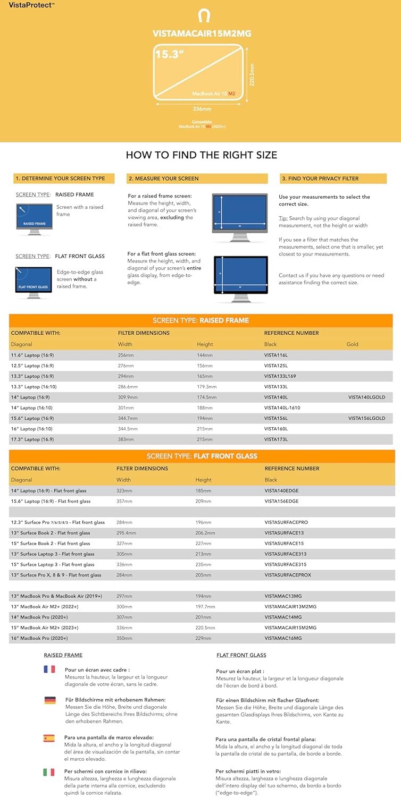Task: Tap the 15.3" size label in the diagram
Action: (x=166, y=54)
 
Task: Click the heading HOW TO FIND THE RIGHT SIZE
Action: (x=201, y=155)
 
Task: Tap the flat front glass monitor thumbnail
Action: (x=34, y=282)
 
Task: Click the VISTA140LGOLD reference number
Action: (x=366, y=397)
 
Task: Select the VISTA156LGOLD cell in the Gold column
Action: (x=366, y=418)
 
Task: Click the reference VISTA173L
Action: (x=275, y=439)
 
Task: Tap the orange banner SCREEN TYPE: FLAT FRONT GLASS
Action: (x=202, y=456)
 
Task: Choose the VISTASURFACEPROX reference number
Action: (x=288, y=575)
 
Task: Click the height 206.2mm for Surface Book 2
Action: (x=205, y=533)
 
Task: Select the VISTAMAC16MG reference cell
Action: (x=283, y=638)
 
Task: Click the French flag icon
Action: (x=49, y=669)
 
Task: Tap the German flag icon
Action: (x=50, y=700)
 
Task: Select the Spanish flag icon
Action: (x=49, y=739)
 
